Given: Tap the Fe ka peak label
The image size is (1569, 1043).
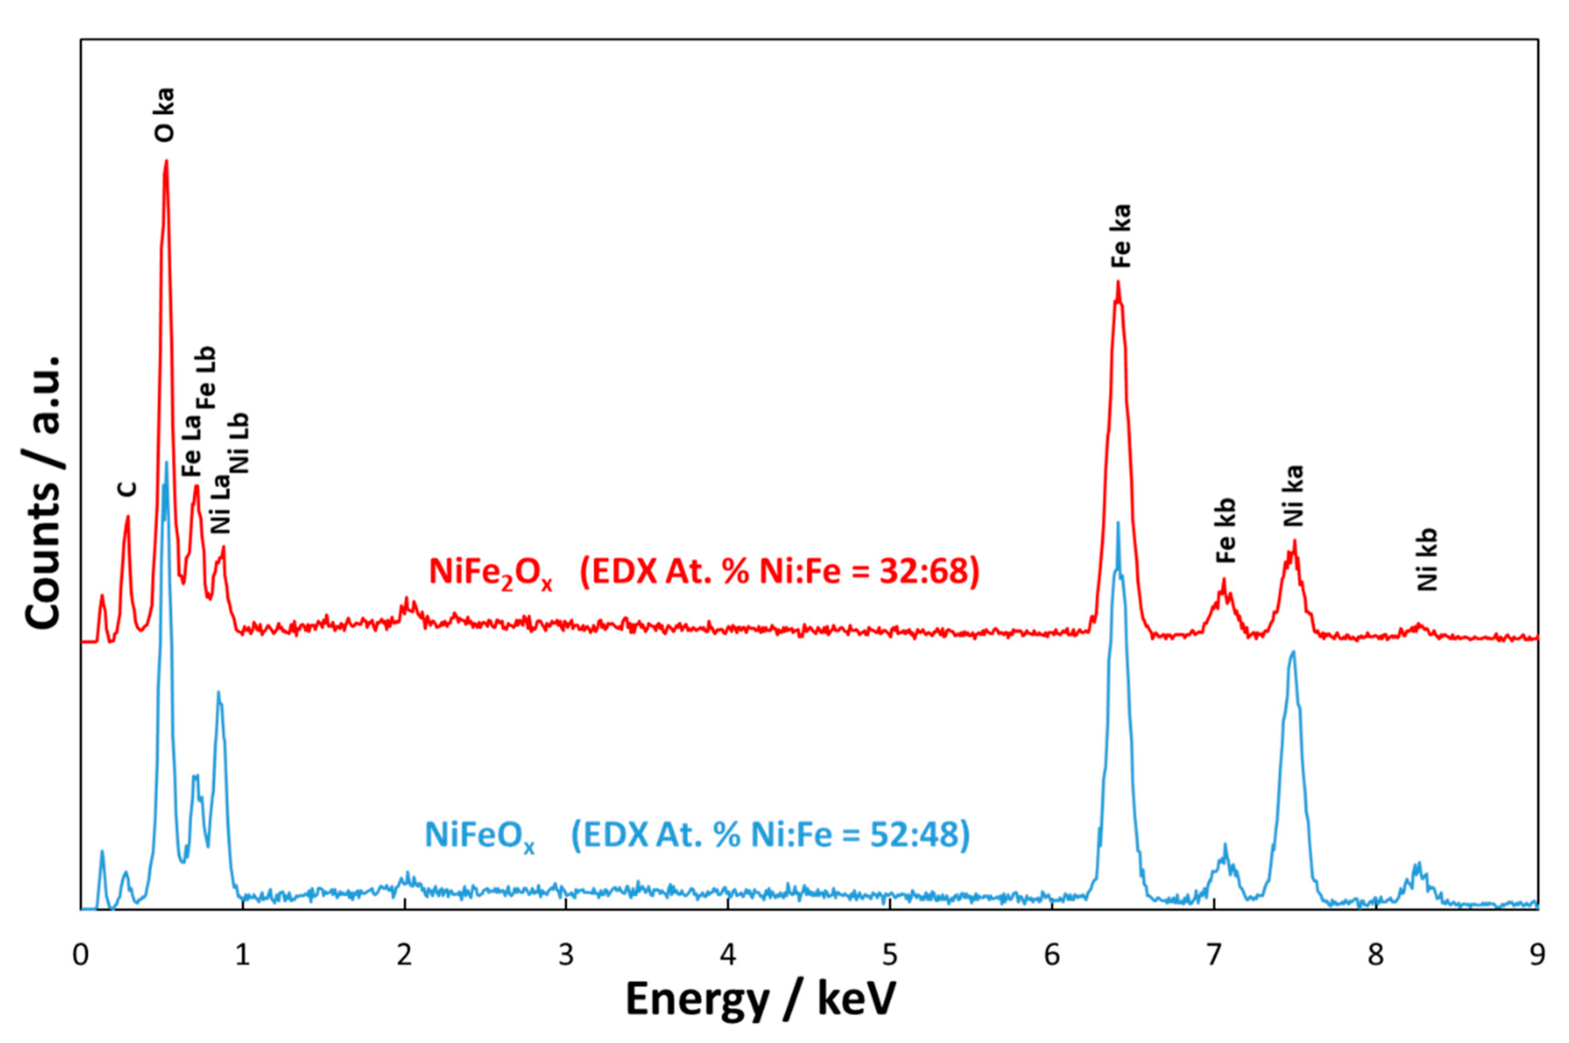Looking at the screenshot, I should pyautogui.click(x=1122, y=236).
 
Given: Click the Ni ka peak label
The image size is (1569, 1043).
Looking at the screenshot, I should pyautogui.click(x=1293, y=495).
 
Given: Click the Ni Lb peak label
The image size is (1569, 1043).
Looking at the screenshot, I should pyautogui.click(x=239, y=442).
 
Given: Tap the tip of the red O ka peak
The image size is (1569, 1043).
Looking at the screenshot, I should pyautogui.click(x=166, y=160).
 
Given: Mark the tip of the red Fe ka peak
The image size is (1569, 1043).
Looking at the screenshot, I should pyautogui.click(x=1118, y=283).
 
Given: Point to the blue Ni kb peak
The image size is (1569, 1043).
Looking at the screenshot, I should pyautogui.click(x=1416, y=865).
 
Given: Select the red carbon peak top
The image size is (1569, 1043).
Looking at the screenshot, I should pyautogui.click(x=128, y=517).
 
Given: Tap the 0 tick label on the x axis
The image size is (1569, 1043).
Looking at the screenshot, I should pyautogui.click(x=81, y=956).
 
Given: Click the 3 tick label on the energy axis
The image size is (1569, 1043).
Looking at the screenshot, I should pyautogui.click(x=566, y=956).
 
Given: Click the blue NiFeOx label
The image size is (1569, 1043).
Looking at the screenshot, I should pyautogui.click(x=479, y=836).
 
